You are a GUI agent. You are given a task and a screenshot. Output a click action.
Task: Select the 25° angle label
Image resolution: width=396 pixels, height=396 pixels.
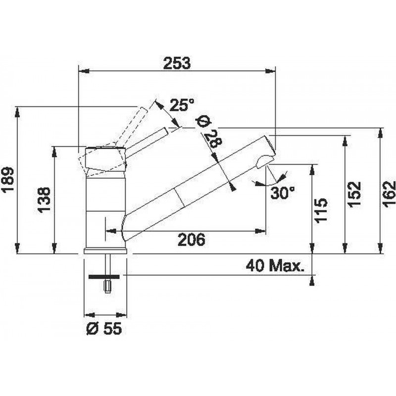182,105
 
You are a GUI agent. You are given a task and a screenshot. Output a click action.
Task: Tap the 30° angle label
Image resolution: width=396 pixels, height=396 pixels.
283,193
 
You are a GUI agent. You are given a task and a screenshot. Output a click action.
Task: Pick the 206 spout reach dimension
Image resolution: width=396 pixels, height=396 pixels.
192,240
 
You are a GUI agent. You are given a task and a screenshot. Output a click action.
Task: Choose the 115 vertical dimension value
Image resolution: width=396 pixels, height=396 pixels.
321,210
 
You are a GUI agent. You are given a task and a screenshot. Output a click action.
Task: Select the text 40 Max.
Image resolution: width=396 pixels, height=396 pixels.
275,265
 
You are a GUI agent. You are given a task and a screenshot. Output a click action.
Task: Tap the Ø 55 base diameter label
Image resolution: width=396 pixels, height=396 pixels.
104,328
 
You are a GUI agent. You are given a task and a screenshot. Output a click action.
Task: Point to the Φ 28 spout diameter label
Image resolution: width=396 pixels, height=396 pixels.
209,133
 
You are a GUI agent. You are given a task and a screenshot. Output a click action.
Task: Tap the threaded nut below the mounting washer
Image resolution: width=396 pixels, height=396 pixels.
107,286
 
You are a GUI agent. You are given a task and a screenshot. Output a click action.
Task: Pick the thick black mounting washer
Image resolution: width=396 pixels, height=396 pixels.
104,277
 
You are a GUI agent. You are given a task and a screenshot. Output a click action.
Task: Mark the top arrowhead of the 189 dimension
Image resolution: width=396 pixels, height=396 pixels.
17,112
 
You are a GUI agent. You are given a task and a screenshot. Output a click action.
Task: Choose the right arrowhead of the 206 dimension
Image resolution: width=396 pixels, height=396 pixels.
260,231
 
